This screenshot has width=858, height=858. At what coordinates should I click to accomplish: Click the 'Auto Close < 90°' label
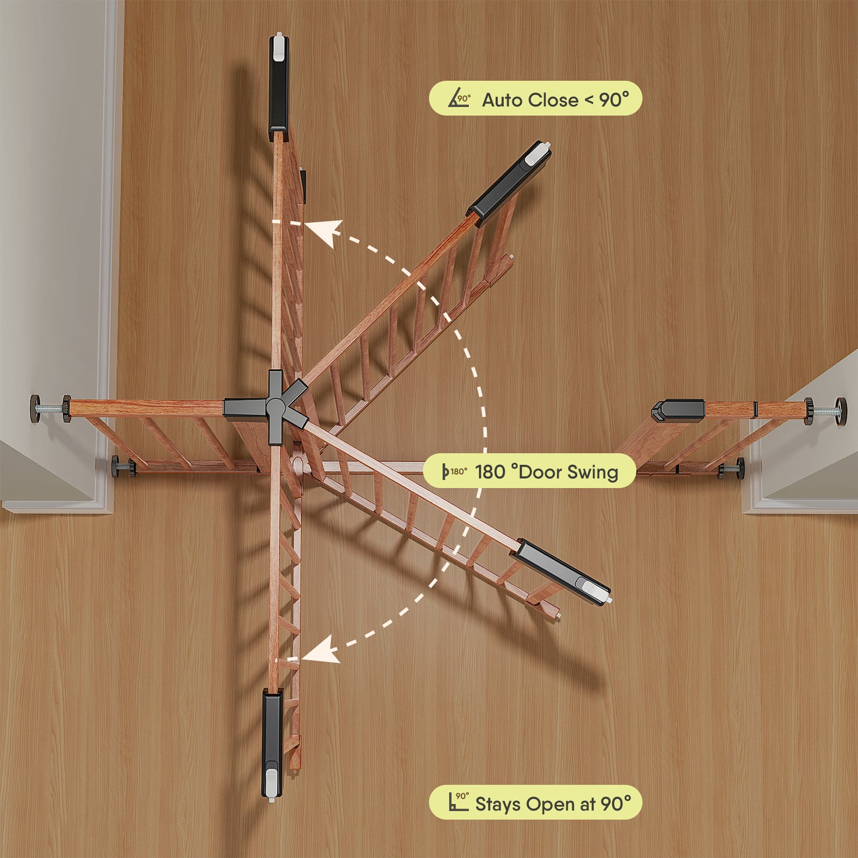click(535, 99)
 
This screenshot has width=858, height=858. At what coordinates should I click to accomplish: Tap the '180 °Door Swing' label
click(530, 471)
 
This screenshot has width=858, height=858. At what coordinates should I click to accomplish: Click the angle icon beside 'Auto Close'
click(459, 99)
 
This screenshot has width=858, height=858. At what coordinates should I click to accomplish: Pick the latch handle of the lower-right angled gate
click(561, 571)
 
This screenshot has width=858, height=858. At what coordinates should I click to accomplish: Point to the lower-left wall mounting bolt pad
click(116, 467)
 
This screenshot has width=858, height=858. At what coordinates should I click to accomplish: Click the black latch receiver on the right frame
click(677, 410)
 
